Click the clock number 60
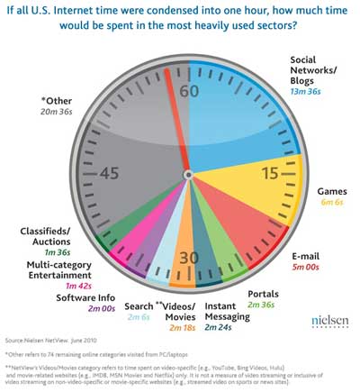(189, 90)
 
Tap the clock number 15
(269, 172)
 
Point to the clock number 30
(187, 257)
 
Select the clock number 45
(109, 172)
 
